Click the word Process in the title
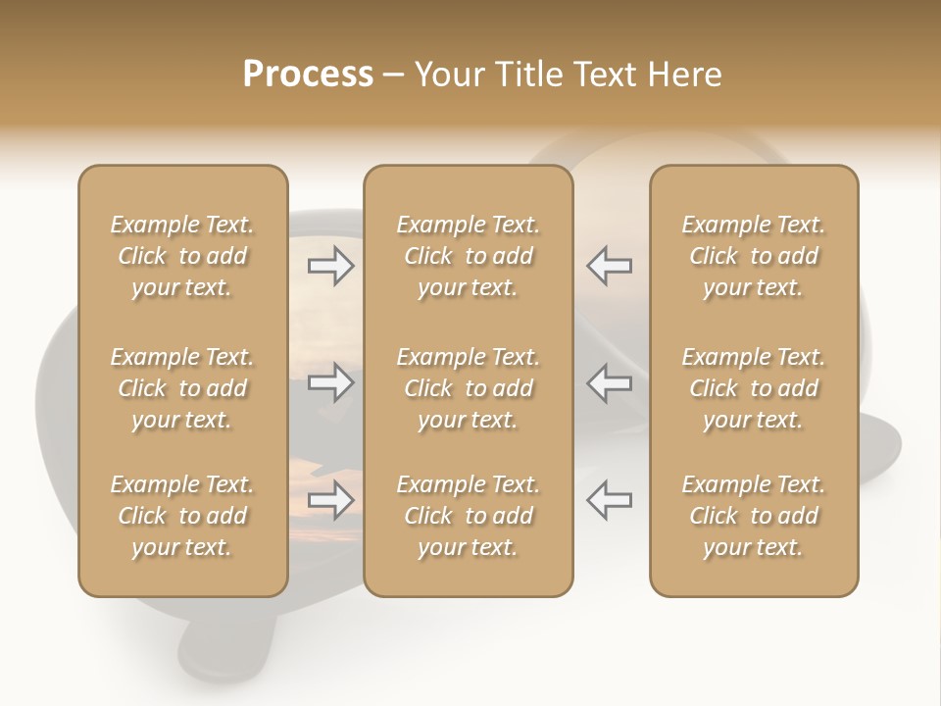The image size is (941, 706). tap(308, 75)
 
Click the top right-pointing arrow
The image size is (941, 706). tap(331, 266)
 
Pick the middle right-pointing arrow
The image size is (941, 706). tap(331, 382)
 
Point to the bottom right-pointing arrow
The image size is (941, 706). tap(331, 500)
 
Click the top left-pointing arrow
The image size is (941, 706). tap(609, 266)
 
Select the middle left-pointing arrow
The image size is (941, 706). tap(609, 382)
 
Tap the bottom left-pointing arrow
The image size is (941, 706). tap(609, 500)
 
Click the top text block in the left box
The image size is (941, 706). tap(182, 256)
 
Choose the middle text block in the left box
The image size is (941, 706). tap(182, 388)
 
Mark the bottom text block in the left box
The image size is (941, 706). tap(182, 516)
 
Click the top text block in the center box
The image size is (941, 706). tap(468, 256)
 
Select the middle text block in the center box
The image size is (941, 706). tap(468, 388)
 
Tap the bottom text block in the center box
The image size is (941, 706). tap(468, 516)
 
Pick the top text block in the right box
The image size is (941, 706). tap(753, 256)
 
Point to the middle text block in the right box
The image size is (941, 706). tap(753, 388)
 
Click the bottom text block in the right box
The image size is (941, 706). tap(753, 516)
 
